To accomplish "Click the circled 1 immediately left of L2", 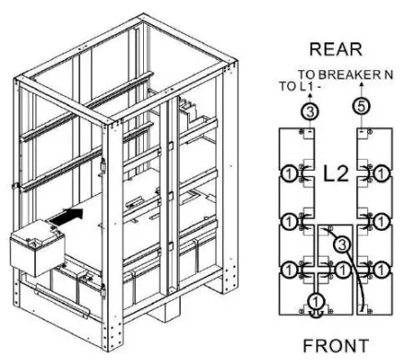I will click(291, 174).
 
